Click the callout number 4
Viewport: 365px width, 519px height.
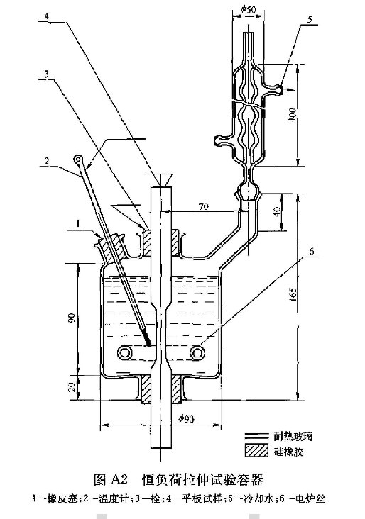47,16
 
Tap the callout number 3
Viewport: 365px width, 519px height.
46,74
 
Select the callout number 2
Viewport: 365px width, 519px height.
47,161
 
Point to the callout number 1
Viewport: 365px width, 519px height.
78,224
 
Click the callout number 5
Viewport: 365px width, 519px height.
310,19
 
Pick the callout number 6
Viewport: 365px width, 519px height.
311,252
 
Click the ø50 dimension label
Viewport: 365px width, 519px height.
249,10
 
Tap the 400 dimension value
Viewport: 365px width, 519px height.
293,115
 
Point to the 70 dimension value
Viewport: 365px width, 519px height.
203,206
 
